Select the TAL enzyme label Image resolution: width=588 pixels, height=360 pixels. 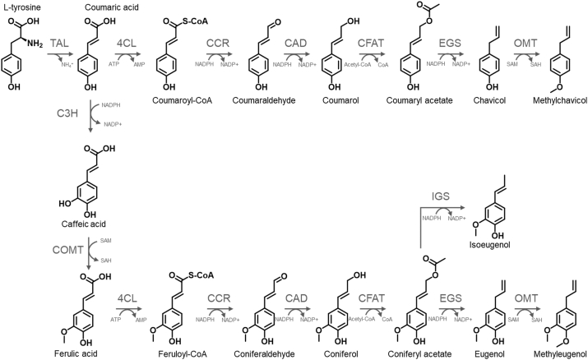(x=58, y=43)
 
